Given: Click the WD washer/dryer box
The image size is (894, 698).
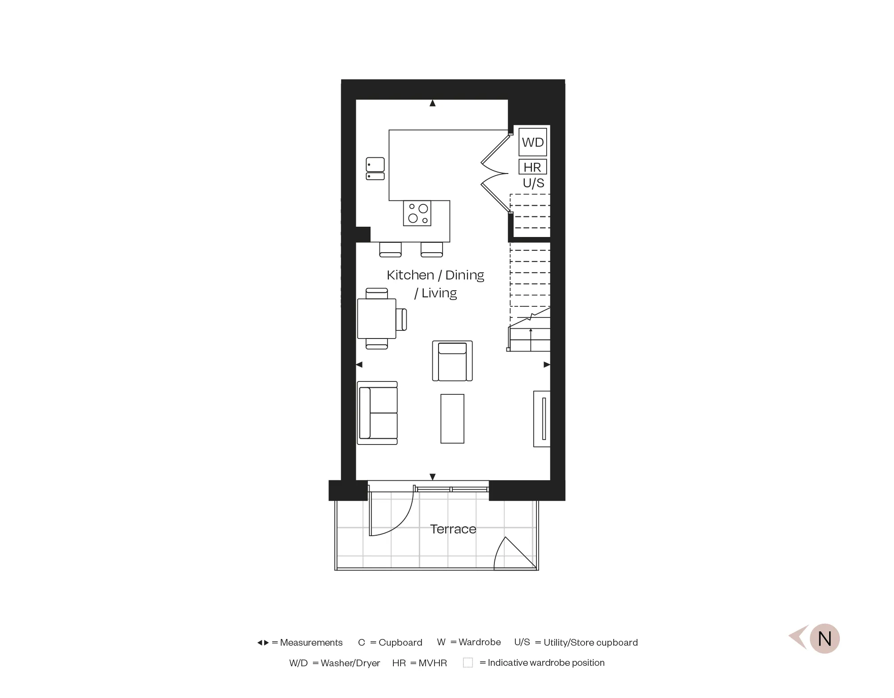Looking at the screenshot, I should tap(533, 142).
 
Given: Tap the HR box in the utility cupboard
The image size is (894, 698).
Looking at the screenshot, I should tap(532, 167).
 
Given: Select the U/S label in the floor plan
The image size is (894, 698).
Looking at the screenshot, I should tap(534, 183).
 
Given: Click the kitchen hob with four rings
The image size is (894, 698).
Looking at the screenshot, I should tap(417, 213).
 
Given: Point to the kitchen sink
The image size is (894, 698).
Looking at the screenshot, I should tap(375, 168).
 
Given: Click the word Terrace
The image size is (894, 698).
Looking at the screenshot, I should tap(453, 529).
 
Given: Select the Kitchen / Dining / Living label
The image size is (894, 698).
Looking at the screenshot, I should tap(435, 283).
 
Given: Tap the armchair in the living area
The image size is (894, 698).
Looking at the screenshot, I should tap(452, 361).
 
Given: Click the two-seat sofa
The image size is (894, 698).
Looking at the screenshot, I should tap(378, 413).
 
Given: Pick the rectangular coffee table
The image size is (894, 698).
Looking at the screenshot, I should tap(452, 419).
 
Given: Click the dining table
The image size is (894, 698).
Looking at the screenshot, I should tap(377, 318).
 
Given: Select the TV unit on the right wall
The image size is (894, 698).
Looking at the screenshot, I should tap(542, 419).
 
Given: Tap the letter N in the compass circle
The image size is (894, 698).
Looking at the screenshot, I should tap(825, 639).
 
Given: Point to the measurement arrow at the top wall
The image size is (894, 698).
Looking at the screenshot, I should tap(432, 103).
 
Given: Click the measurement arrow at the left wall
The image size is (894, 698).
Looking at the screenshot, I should tap(359, 365).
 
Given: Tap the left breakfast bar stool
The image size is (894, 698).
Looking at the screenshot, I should tap(390, 249).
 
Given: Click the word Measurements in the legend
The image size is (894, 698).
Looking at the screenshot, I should tap(311, 643).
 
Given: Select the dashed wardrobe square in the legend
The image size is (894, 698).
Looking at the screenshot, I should tap(468, 663).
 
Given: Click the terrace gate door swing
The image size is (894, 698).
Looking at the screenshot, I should tap(514, 554).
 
